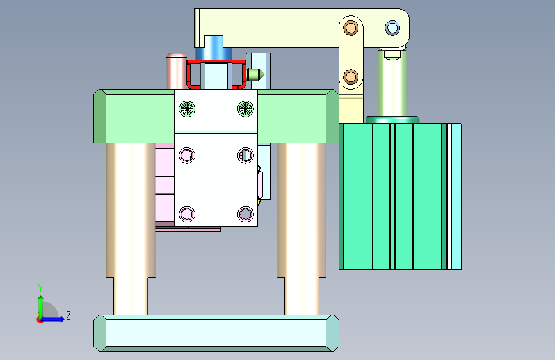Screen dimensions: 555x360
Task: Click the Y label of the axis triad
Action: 40,288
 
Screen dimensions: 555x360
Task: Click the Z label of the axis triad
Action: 68,315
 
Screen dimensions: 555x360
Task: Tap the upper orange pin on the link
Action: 351,28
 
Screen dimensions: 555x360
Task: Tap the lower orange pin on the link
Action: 351,76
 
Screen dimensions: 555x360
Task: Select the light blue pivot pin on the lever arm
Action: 392,28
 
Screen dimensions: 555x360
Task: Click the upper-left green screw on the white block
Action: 187,109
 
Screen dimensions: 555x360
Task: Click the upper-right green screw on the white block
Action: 246,109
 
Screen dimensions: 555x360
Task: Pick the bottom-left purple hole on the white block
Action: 187,214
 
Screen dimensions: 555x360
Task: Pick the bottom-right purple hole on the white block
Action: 246,214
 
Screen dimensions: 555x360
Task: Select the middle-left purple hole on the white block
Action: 187,155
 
